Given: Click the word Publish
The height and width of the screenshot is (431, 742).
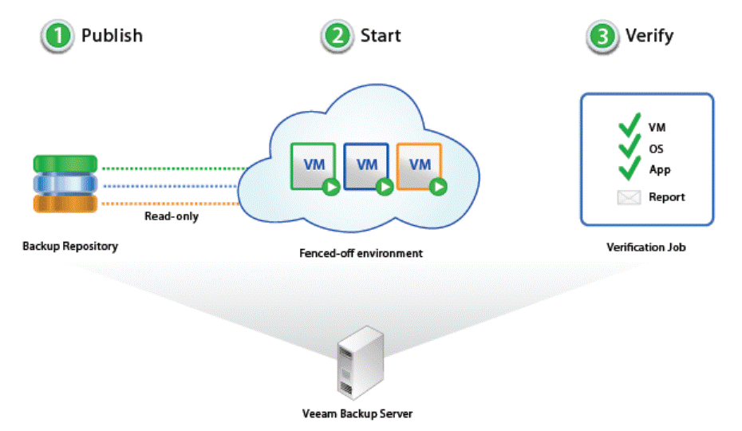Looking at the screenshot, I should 112,36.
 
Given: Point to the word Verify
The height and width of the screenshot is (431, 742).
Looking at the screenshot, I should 649,36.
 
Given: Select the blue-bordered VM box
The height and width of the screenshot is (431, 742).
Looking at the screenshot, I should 366,165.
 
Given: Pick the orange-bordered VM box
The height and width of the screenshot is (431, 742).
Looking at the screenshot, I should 419,165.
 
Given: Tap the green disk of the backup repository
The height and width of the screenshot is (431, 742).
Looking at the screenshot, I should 65,164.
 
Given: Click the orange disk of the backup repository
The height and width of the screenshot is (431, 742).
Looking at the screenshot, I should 65,204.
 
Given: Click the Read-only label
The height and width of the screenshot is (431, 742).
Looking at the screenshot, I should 172,216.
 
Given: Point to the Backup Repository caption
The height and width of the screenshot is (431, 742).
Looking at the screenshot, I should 70,246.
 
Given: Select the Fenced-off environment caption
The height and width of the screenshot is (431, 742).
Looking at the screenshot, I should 361,254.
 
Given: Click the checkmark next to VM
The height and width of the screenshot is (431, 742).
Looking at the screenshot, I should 630,126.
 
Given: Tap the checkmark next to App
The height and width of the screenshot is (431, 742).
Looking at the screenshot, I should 630,168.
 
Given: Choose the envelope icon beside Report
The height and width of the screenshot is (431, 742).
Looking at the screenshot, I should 629,197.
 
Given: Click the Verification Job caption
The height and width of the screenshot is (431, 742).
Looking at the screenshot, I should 646,247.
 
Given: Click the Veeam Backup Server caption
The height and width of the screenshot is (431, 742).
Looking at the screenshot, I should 357,413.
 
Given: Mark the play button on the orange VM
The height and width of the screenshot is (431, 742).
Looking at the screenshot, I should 437,187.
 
